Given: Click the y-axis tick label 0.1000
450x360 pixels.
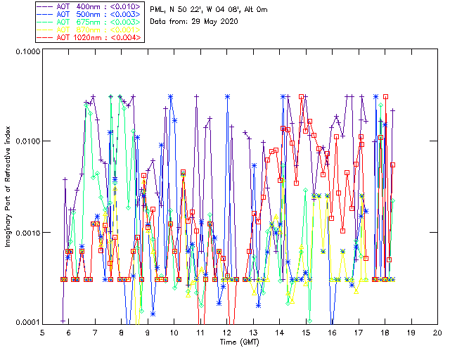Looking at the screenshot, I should [x=25, y=51].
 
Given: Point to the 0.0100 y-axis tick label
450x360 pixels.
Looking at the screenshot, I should [x=25, y=142].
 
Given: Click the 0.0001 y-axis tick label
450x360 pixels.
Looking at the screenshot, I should [x=25, y=323].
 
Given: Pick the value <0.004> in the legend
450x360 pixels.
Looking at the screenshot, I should [x=127, y=37].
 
